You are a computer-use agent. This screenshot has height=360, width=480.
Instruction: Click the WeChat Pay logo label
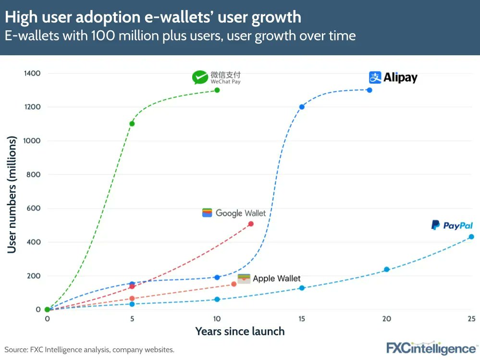click(216, 77)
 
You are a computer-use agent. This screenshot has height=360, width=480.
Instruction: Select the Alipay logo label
click(393, 77)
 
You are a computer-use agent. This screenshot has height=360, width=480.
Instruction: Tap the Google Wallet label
click(234, 213)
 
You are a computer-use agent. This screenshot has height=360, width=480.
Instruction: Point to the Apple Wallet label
click(270, 278)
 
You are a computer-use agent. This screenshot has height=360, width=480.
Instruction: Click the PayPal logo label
click(452, 225)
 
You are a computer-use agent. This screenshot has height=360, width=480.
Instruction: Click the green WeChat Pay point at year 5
click(132, 124)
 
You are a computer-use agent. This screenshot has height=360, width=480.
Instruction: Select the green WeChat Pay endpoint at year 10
click(217, 90)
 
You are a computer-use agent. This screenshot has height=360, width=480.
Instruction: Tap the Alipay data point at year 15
click(302, 107)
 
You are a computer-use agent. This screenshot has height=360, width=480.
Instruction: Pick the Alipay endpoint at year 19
click(369, 90)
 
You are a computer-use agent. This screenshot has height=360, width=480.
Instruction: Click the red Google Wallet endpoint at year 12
click(251, 224)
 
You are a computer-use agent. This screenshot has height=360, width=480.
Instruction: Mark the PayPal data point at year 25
click(471, 236)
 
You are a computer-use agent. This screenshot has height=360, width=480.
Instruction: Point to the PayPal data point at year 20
click(386, 269)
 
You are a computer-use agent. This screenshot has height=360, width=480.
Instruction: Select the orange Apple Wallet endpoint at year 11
click(234, 284)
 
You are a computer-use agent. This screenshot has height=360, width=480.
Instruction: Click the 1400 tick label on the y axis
click(31, 73)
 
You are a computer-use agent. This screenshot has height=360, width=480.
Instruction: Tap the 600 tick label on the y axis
click(33, 208)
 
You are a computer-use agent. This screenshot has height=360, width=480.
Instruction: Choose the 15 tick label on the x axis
click(302, 319)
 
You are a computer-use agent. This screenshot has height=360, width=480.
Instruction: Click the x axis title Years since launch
click(240, 331)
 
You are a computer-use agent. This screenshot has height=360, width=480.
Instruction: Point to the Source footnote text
click(89, 350)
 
